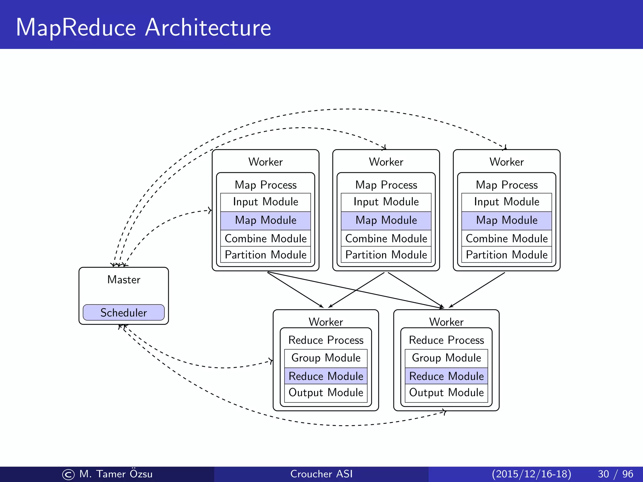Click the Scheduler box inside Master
click(x=123, y=313)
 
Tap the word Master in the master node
click(x=123, y=280)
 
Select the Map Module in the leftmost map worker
click(x=265, y=220)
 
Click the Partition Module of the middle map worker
click(x=386, y=255)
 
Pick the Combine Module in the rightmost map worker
click(x=506, y=238)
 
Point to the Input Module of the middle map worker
click(x=386, y=202)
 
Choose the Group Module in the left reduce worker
click(x=326, y=358)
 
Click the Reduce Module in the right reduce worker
click(x=446, y=376)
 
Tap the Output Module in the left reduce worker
click(x=326, y=393)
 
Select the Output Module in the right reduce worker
click(x=446, y=393)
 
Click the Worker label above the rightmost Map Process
click(x=506, y=162)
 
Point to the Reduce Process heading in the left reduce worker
click(x=326, y=340)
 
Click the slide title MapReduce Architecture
click(x=143, y=28)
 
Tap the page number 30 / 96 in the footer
click(x=615, y=474)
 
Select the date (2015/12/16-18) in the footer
click(x=531, y=474)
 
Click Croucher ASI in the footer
click(x=321, y=474)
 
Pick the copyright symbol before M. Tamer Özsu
click(x=68, y=474)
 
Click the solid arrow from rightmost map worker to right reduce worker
click(x=477, y=290)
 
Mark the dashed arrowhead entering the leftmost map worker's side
click(x=210, y=210)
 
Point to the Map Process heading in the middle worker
click(x=386, y=185)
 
